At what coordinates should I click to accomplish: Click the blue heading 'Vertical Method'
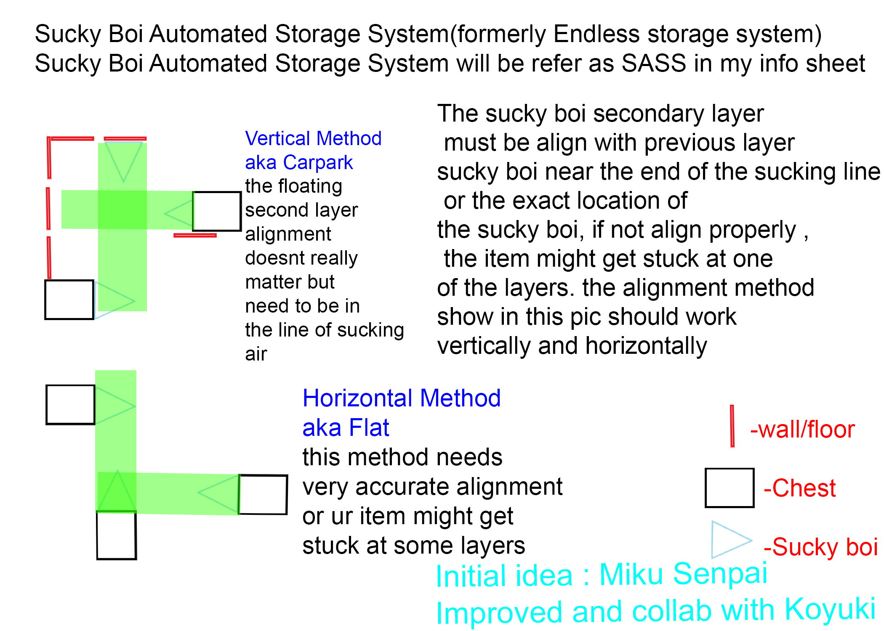pos(313,138)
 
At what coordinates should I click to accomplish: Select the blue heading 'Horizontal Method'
pos(402,398)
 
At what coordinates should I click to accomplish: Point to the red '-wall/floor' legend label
pos(802,430)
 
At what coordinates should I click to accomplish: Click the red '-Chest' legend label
pos(800,488)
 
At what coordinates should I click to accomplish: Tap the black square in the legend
pos(730,488)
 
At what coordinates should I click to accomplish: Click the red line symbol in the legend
pos(732,426)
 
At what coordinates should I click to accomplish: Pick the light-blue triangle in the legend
pos(727,540)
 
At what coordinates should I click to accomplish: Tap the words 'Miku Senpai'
pos(683,573)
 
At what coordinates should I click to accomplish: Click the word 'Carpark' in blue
pos(318,162)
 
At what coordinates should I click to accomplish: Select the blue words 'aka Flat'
pos(346,427)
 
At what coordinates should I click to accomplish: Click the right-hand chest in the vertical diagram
pos(217,211)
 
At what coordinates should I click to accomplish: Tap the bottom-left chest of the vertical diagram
pos(69,300)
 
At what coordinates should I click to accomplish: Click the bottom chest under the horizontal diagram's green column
pos(117,535)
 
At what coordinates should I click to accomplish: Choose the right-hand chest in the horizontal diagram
pos(263,495)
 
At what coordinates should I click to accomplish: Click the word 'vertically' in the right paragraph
pos(484,346)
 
